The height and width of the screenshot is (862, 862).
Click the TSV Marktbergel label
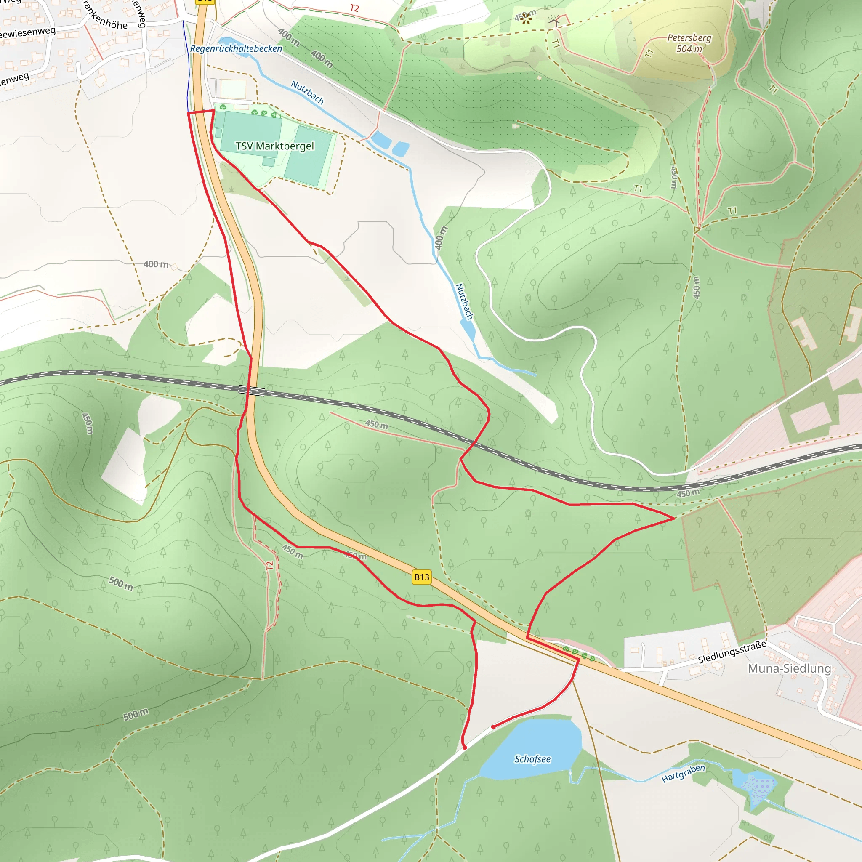point(274,146)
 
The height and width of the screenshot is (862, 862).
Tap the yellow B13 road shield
point(421,577)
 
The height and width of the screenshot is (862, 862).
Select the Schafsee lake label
point(532,759)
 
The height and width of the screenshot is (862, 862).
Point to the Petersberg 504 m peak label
point(689,43)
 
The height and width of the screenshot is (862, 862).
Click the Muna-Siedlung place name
point(789,668)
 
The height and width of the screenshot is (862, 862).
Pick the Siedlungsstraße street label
point(732,652)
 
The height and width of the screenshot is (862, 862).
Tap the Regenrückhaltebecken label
point(236,48)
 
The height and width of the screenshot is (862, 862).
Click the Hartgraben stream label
point(683,773)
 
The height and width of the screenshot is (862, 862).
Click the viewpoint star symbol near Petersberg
point(527,19)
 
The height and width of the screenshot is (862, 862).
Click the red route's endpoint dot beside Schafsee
point(493,727)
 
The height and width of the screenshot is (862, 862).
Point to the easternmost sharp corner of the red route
point(674,519)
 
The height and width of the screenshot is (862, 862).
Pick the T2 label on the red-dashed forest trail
point(269,566)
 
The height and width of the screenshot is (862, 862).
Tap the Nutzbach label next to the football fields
point(307,92)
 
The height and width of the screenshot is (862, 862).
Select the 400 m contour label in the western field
point(156,264)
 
